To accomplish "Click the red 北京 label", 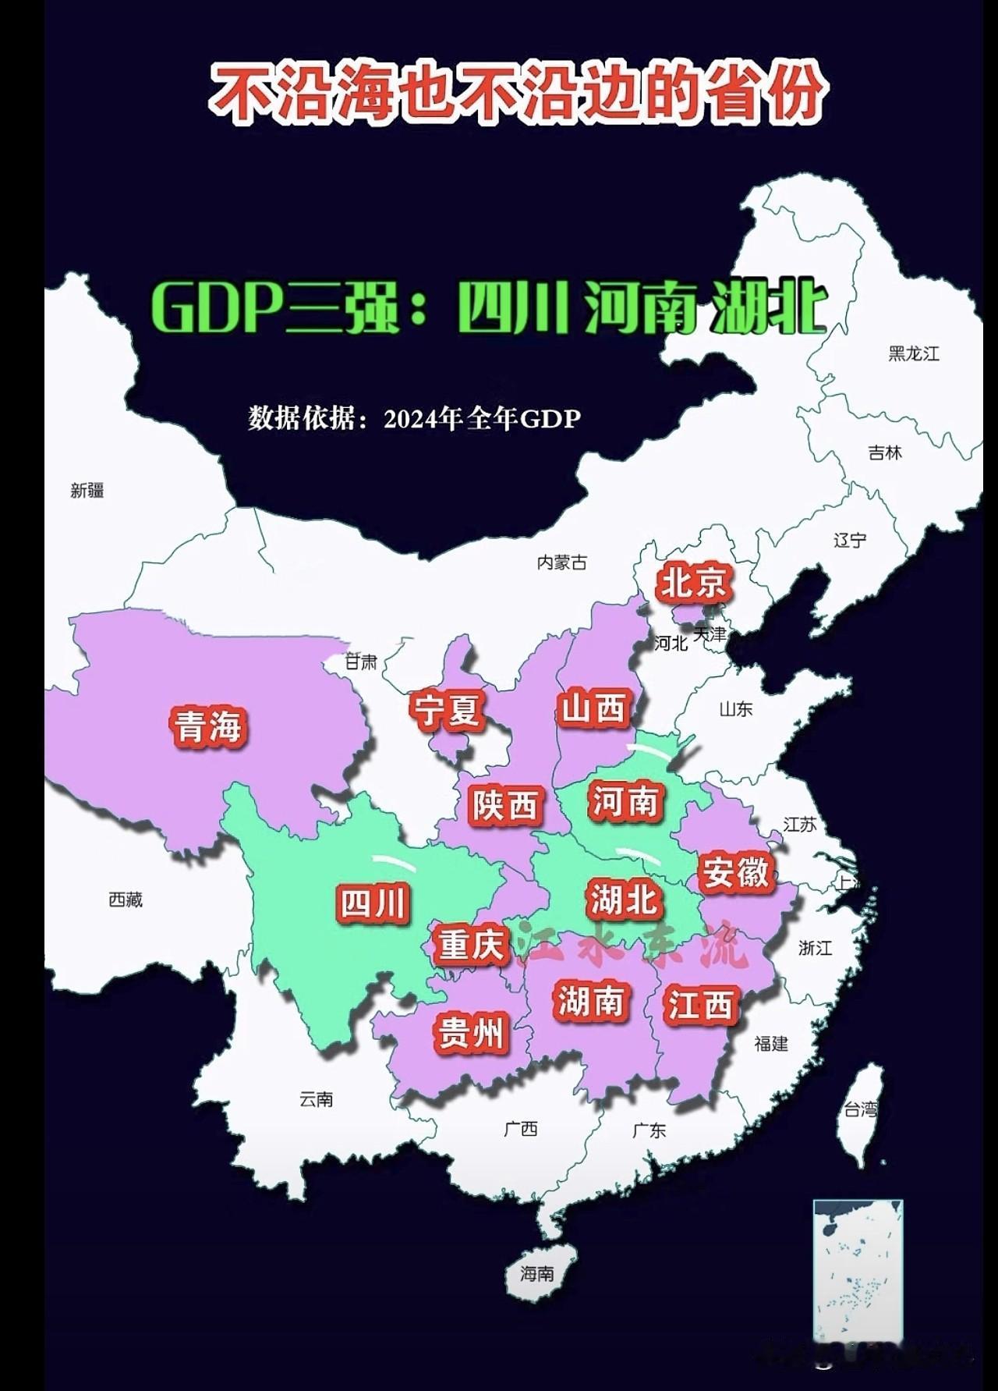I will (694, 583).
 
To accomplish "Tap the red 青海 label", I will (208, 726).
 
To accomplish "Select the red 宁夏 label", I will (448, 711).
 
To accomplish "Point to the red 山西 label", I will (594, 708).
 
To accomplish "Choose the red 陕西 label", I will (506, 805).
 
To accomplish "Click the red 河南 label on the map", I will (626, 801).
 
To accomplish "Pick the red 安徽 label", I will (735, 872).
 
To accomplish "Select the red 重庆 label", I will (470, 945).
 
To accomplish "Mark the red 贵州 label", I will (470, 1033).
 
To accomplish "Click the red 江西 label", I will (699, 1005).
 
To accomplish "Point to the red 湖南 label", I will (591, 1001).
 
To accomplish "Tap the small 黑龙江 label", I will (914, 353).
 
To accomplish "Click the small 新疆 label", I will (87, 491).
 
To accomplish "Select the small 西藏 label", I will (126, 900).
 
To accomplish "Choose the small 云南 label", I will (316, 1099).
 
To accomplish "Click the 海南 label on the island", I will (537, 1274).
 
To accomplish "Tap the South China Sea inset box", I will (858, 1271).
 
